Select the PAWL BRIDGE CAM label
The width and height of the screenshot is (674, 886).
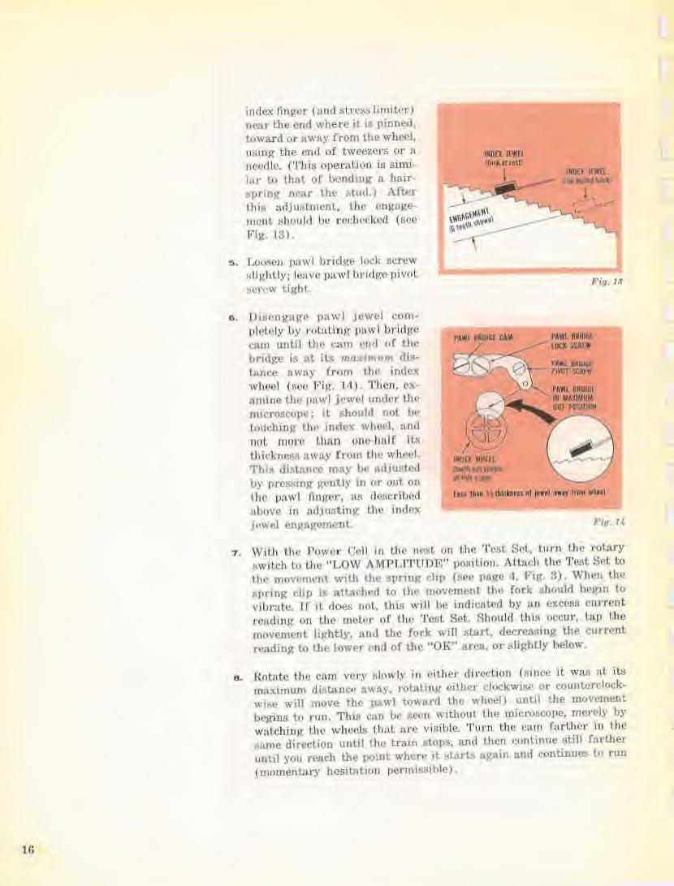478,337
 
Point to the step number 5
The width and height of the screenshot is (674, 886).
233,260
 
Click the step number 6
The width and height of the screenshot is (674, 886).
233,317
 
